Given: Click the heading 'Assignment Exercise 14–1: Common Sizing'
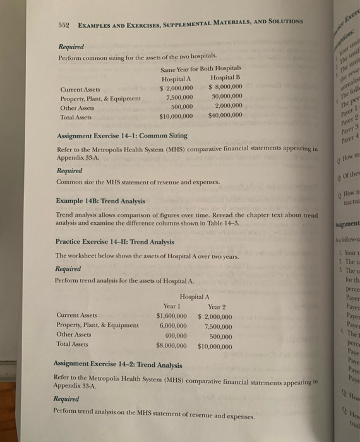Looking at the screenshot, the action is (122, 136).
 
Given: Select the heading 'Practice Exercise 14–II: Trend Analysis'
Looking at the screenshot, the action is (116, 241).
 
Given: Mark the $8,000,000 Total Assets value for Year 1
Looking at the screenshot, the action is (171, 345).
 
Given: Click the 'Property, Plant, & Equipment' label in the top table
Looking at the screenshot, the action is (100, 98).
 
